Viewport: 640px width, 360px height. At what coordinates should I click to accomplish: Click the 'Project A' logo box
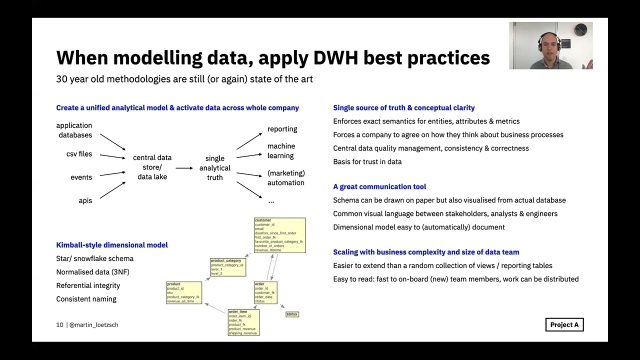tap(564, 325)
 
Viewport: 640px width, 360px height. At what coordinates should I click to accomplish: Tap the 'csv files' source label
tap(79, 154)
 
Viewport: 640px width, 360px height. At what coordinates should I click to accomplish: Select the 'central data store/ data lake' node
tap(152, 167)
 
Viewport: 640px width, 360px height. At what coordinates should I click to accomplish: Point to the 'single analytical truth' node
tap(215, 168)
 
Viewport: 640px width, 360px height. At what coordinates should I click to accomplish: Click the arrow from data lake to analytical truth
tap(184, 168)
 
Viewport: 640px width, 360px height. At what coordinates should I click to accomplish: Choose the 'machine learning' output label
tap(281, 151)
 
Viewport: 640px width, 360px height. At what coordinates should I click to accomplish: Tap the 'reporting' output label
tap(282, 129)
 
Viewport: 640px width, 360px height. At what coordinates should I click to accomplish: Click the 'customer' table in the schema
tap(279, 235)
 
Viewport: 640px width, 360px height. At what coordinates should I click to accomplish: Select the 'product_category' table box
tap(227, 267)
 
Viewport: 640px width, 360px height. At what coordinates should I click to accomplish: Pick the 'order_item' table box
tap(243, 322)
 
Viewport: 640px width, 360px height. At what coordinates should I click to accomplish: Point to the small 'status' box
tap(292, 314)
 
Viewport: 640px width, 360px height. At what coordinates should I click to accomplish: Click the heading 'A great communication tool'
tap(379, 186)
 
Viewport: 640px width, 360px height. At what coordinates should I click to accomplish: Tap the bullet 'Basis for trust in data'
tap(367, 161)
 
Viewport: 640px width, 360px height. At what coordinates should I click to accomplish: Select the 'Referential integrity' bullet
tap(88, 285)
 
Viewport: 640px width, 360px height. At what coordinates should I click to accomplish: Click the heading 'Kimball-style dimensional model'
tap(112, 245)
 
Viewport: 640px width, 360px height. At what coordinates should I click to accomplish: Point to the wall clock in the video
tap(580, 30)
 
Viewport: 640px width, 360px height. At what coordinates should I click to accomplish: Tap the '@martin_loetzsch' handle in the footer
tap(94, 325)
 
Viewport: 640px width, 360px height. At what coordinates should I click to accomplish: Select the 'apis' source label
tap(85, 200)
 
